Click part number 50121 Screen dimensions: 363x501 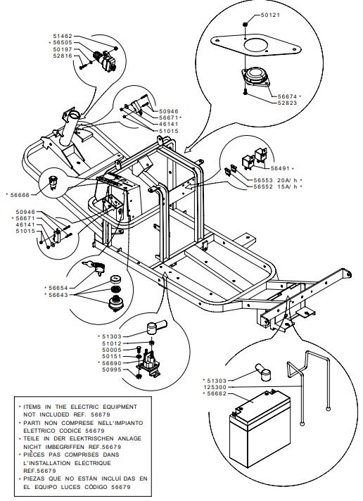point(270,15)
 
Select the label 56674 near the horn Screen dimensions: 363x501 point(287,96)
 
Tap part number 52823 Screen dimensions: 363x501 point(287,103)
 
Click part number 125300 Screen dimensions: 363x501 point(215,387)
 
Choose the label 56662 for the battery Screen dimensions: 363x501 point(217,393)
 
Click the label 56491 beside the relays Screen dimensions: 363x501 point(281,168)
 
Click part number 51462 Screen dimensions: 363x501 point(63,36)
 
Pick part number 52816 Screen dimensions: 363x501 point(63,56)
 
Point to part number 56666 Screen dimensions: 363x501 point(20,195)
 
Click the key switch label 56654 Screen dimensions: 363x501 point(58,288)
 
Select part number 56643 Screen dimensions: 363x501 point(58,295)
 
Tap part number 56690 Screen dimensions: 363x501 point(112,363)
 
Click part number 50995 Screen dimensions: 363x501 point(112,369)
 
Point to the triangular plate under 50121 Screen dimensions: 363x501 point(255,46)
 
